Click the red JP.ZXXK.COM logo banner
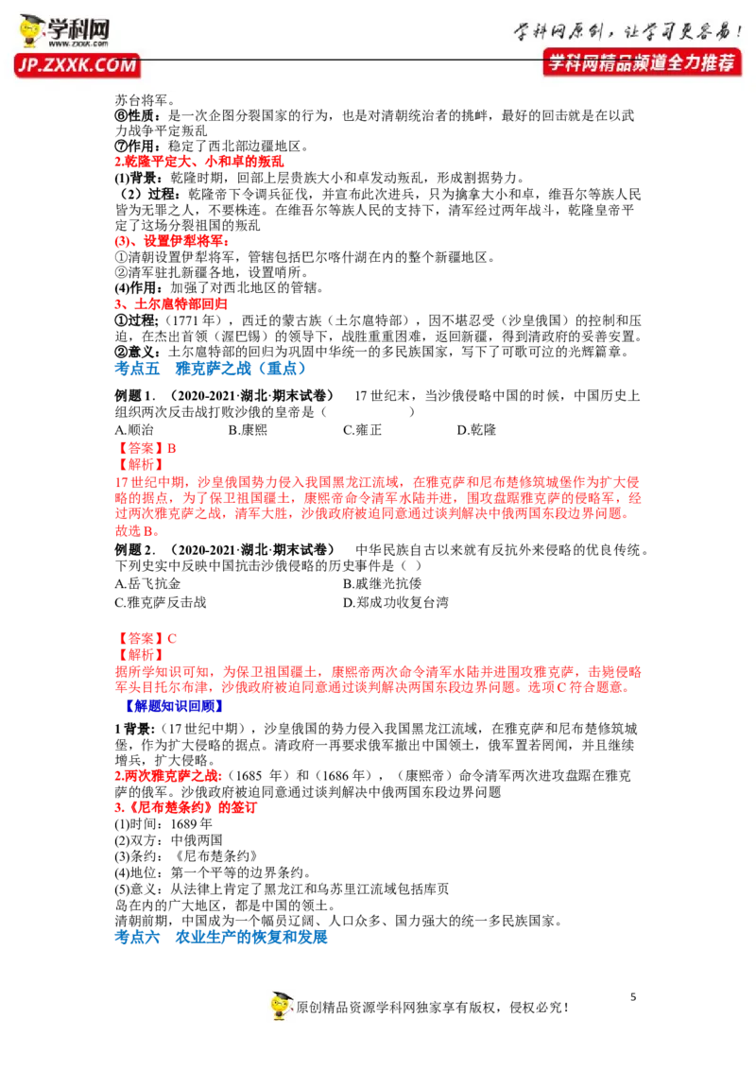pyautogui.click(x=77, y=65)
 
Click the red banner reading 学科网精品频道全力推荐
pyautogui.click(x=642, y=62)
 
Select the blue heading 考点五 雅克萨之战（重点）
pyautogui.click(x=210, y=369)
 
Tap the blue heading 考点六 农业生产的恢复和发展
pyautogui.click(x=221, y=937)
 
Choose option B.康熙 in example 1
pyautogui.click(x=248, y=430)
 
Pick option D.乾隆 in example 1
pyautogui.click(x=476, y=430)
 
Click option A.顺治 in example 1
pyautogui.click(x=134, y=430)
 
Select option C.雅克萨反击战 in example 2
pyautogui.click(x=161, y=602)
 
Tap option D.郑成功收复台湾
pyautogui.click(x=396, y=602)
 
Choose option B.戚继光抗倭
pyautogui.click(x=382, y=583)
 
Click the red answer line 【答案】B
pyautogui.click(x=146, y=448)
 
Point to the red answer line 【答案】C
pyautogui.click(x=146, y=639)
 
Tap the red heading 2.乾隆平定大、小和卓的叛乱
pyautogui.click(x=199, y=162)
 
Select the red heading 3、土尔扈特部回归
pyautogui.click(x=171, y=304)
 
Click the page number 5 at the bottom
pyautogui.click(x=633, y=997)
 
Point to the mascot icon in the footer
pyautogui.click(x=281, y=1005)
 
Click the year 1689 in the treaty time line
pyautogui.click(x=184, y=824)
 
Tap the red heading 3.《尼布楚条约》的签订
pyautogui.click(x=185, y=808)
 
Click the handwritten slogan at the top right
pyautogui.click(x=627, y=30)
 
